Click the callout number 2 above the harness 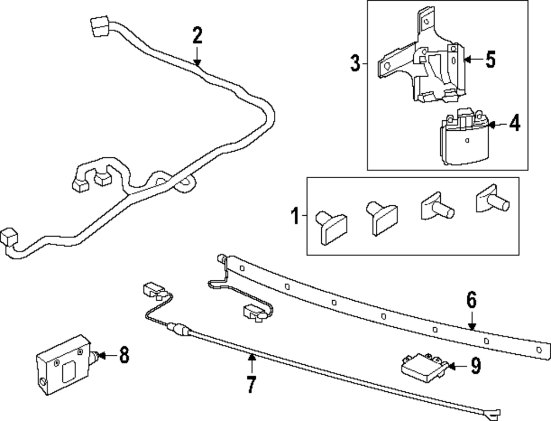(x=197, y=36)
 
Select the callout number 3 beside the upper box (x=355, y=63)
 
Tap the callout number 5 (x=490, y=60)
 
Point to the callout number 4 (x=514, y=124)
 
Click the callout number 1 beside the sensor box (x=295, y=216)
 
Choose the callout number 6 (x=471, y=301)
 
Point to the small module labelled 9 (x=422, y=366)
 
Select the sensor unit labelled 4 (x=464, y=140)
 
